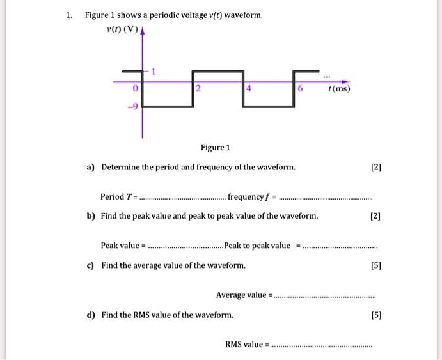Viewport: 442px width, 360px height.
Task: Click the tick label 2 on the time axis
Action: click(198, 88)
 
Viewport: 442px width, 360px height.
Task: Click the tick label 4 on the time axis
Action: click(249, 88)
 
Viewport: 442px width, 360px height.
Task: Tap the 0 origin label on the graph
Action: click(134, 88)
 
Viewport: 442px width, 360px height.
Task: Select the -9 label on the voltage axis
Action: click(132, 108)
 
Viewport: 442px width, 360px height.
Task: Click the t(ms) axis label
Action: click(338, 89)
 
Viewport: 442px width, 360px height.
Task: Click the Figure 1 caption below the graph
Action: click(216, 148)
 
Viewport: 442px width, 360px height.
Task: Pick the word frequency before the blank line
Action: click(249, 196)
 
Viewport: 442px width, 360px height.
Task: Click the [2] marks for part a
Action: click(375, 168)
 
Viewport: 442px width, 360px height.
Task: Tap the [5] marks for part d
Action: click(375, 315)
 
